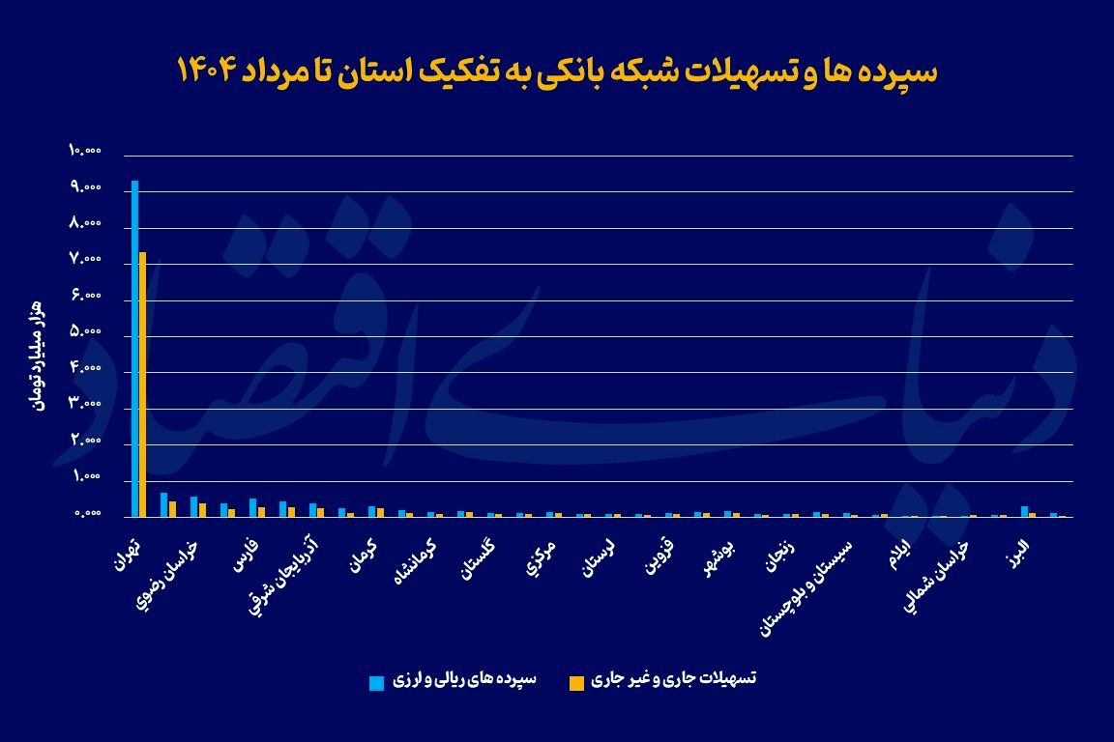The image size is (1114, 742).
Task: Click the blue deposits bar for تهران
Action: [134, 348]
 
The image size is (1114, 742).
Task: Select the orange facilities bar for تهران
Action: [142, 385]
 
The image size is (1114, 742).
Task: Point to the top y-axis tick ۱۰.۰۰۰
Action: [85, 151]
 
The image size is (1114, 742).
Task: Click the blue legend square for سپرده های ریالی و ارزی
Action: [376, 683]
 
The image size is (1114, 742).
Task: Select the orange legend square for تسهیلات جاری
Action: [576, 683]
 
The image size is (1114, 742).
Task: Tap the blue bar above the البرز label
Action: [1024, 511]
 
